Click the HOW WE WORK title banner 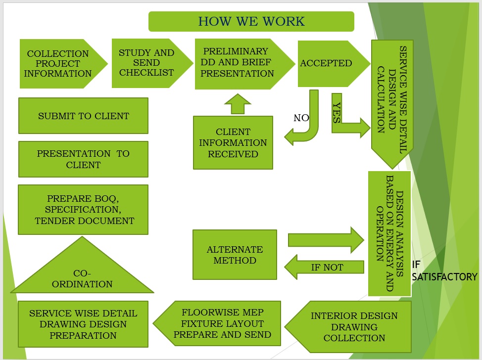coord(251,22)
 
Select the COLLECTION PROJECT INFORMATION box coord(58,64)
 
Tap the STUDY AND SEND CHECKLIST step coord(146,63)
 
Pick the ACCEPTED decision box coord(327,63)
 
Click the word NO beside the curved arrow coord(301,118)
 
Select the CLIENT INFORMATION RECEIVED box coord(233,143)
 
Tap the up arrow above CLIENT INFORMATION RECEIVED coord(238,104)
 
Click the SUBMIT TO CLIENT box coord(83,116)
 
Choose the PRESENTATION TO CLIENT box coord(83,159)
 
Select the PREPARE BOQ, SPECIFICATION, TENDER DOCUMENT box coord(83,210)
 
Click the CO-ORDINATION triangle coord(82,274)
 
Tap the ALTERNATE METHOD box coord(235,255)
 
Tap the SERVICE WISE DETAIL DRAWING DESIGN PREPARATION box coord(83,324)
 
